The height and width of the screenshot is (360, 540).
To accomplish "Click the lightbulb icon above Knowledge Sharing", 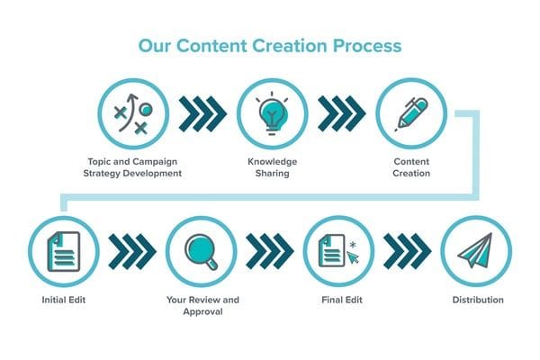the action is tap(272, 113).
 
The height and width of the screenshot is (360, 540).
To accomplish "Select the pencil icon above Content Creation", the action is tap(411, 114).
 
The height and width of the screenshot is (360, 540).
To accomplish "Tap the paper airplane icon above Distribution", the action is tap(475, 250).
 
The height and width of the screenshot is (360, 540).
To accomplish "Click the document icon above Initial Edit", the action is tap(64, 251).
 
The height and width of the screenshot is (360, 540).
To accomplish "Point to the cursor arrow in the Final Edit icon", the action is tap(353, 257).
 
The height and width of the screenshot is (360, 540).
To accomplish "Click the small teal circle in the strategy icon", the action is tap(146, 110).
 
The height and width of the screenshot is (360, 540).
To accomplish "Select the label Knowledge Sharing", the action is tap(272, 167).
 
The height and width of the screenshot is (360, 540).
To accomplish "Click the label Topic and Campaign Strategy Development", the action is tap(132, 167).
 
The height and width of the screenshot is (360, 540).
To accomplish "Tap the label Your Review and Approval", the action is tap(202, 306).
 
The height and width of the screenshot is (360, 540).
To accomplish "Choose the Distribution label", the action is tap(478, 300).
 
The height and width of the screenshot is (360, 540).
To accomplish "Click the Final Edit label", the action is tap(342, 300).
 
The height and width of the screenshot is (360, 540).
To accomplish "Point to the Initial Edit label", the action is tap(64, 300).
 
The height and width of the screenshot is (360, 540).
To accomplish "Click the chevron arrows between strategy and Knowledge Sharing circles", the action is tap(202, 113).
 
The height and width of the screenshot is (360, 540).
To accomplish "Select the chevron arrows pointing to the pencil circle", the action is tap(342, 113).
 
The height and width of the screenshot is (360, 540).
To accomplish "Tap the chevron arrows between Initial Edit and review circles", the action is tap(132, 251).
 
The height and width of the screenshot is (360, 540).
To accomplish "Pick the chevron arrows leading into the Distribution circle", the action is tap(408, 251).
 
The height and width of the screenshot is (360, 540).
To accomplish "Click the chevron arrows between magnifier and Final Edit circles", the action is tap(270, 251).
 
